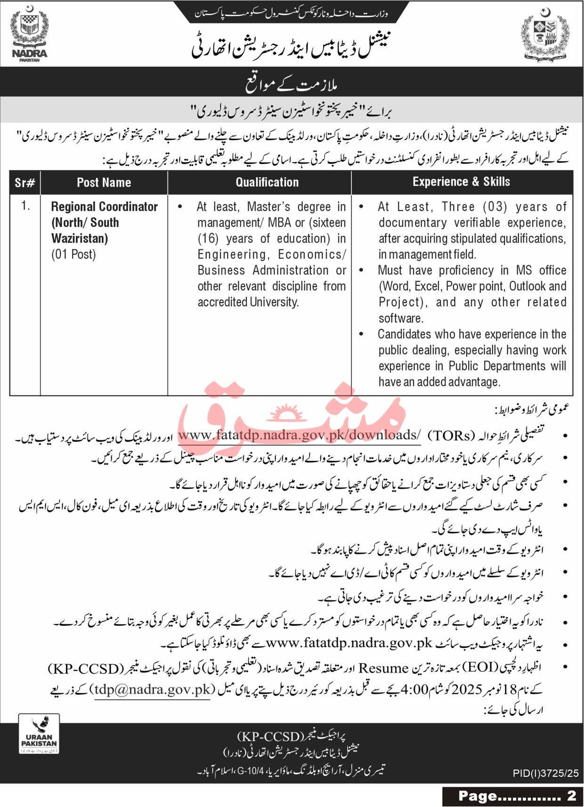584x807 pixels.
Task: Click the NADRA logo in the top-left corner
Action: click(x=29, y=37)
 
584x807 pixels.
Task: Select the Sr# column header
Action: click(x=25, y=183)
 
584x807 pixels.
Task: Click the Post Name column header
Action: click(x=104, y=183)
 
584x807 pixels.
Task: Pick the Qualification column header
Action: click(x=267, y=183)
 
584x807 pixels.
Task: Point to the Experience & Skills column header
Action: click(x=461, y=182)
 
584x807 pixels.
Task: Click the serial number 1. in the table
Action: click(x=25, y=206)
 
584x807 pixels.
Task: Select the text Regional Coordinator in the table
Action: click(x=104, y=207)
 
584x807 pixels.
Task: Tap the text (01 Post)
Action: click(x=73, y=255)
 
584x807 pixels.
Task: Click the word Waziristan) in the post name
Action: click(x=80, y=239)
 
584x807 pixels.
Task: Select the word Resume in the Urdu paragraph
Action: click(x=382, y=668)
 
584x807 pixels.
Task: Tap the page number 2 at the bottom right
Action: click(x=572, y=795)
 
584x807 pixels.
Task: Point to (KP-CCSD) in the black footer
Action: click(x=269, y=735)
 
